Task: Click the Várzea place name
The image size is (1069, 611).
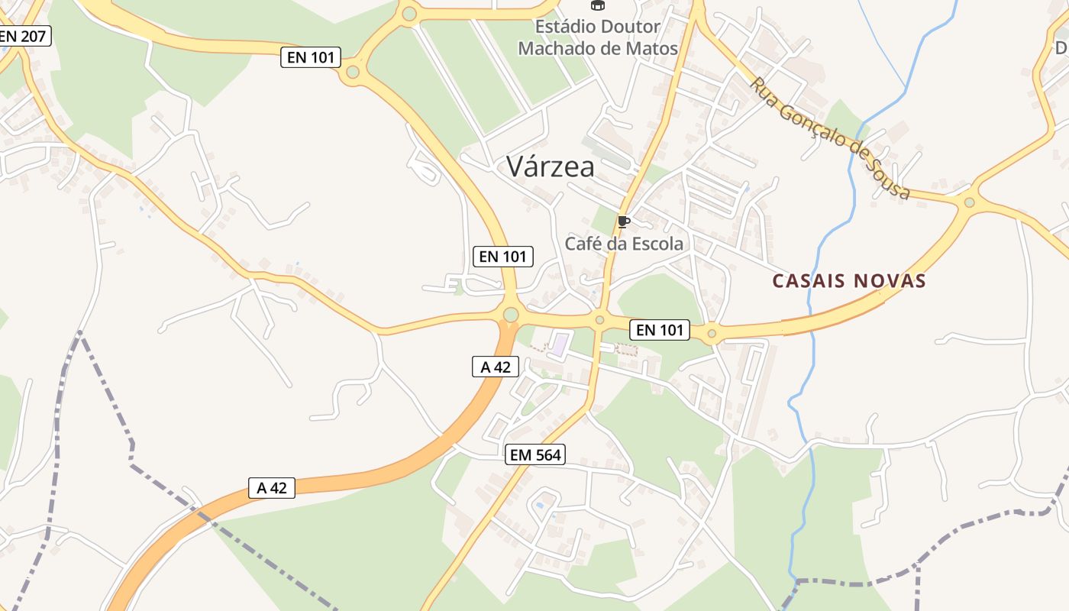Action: [x=550, y=166]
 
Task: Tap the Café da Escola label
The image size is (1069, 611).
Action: [x=624, y=244]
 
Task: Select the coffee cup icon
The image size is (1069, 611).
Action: [x=623, y=222]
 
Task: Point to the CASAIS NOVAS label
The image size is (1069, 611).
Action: [x=849, y=281]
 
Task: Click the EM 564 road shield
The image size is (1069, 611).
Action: [x=535, y=455]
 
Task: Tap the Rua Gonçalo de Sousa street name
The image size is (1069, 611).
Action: [x=830, y=137]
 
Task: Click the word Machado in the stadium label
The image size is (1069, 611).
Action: [x=558, y=49]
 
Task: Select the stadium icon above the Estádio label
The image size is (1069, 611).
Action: [x=597, y=5]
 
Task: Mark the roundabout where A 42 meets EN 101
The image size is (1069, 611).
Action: [x=511, y=315]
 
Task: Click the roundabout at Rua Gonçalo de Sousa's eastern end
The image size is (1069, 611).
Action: [x=969, y=202]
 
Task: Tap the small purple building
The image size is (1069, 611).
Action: [x=560, y=344]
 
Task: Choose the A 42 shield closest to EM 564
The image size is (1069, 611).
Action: [x=495, y=367]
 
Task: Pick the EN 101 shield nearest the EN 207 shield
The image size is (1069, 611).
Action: [x=311, y=57]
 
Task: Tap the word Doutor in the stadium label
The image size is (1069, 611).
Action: [x=631, y=27]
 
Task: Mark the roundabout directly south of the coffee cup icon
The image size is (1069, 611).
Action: [x=600, y=320]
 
